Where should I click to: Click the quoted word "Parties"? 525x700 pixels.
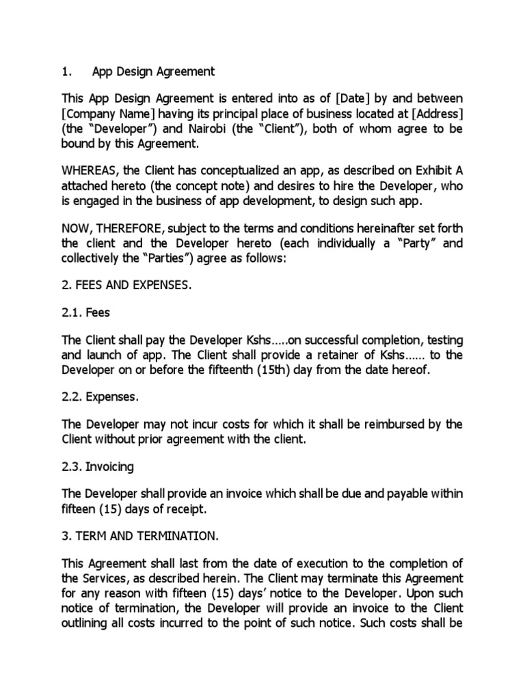pyautogui.click(x=157, y=258)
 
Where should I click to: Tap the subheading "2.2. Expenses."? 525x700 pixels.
pyautogui.click(x=100, y=396)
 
